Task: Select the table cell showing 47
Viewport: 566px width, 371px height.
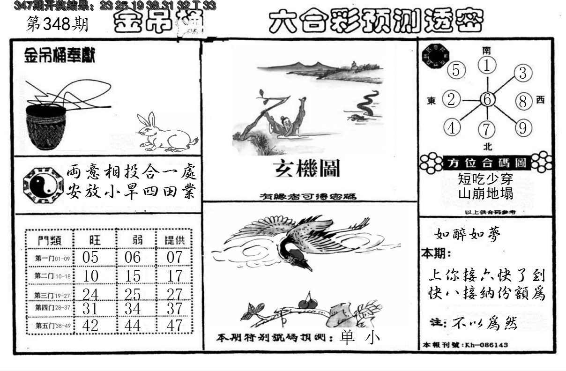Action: [x=174, y=326]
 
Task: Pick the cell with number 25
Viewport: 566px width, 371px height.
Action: [x=133, y=294]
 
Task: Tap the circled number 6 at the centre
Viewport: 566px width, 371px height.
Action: [x=487, y=99]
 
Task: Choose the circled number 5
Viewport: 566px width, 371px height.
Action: [x=456, y=70]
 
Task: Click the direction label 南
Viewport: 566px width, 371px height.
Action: [x=487, y=50]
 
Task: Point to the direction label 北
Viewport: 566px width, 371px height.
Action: [x=487, y=147]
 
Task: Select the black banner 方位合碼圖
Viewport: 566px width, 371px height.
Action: [x=487, y=163]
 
